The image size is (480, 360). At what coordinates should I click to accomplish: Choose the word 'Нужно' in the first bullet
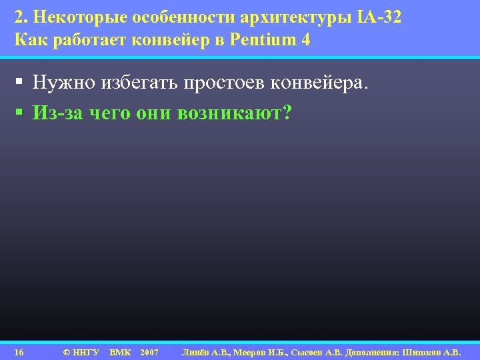pyautogui.click(x=63, y=84)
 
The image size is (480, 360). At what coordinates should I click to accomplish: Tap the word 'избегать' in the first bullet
pyautogui.click(x=140, y=84)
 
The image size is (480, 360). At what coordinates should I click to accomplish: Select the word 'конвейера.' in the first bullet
pyautogui.click(x=329, y=84)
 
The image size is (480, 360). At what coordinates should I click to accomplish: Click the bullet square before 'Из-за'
pyautogui.click(x=21, y=113)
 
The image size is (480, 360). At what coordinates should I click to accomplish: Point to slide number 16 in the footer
pyautogui.click(x=19, y=351)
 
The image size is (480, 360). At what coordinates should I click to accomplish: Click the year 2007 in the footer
pyautogui.click(x=150, y=351)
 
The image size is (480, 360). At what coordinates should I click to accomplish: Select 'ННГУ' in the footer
pyautogui.click(x=86, y=351)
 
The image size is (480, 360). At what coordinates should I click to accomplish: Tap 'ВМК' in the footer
pyautogui.click(x=120, y=351)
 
